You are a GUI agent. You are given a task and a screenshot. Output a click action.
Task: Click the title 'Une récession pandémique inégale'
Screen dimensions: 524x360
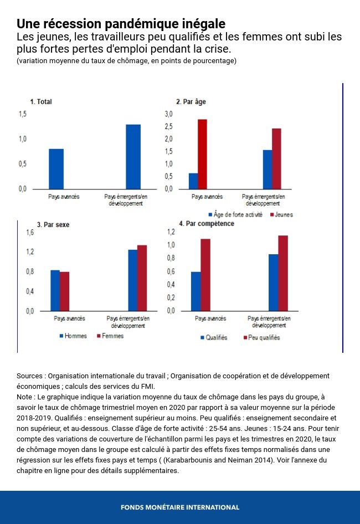[121, 24]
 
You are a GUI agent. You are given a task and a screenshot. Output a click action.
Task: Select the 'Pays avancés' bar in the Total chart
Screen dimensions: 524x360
[56, 169]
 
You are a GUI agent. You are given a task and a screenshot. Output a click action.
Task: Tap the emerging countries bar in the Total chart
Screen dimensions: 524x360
[133, 157]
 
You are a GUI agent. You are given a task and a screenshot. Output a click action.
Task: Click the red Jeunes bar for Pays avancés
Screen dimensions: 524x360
[202, 154]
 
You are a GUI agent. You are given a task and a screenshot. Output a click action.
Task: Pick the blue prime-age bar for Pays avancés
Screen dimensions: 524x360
[193, 181]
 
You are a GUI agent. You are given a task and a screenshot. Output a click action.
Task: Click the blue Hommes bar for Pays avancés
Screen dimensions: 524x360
[55, 290]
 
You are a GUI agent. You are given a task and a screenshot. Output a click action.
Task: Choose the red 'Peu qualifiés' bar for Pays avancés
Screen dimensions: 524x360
[205, 275]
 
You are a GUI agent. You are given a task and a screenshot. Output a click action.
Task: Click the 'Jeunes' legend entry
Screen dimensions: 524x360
[282, 214]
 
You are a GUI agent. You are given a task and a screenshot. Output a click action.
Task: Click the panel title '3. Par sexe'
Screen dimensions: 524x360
[53, 225]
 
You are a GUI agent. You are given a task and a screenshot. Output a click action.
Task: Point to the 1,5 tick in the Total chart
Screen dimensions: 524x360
[23, 114]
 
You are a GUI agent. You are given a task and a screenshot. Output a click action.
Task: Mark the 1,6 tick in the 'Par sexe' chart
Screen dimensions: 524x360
[30, 233]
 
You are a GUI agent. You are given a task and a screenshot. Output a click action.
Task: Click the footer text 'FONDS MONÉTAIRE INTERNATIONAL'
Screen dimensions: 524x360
[180, 507]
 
